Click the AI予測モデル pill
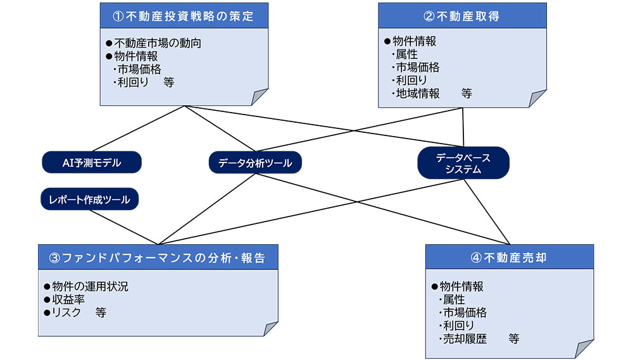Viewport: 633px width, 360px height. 92,162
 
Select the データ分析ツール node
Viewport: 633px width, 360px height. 255,163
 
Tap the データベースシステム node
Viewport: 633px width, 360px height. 463,163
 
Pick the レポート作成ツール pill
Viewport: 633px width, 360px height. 90,199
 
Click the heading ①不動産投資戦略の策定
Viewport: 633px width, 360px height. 184,16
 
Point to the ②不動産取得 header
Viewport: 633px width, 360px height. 462,16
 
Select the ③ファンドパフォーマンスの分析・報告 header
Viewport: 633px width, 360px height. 158,257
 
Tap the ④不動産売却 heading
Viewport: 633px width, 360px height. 510,257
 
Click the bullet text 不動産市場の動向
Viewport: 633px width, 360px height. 158,43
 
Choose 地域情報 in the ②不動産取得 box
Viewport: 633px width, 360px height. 418,94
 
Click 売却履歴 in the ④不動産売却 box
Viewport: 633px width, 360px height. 465,338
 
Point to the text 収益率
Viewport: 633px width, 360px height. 68,299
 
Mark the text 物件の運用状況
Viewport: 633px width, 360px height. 91,287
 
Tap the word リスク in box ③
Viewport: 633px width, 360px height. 66,313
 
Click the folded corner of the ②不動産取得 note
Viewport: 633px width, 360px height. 537,99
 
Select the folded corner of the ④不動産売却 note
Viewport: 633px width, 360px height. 584,349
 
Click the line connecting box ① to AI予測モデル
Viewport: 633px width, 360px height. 138,128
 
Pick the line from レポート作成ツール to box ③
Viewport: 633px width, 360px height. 124,227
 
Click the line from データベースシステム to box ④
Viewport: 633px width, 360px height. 486,212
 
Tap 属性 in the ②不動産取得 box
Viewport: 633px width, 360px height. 407,54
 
